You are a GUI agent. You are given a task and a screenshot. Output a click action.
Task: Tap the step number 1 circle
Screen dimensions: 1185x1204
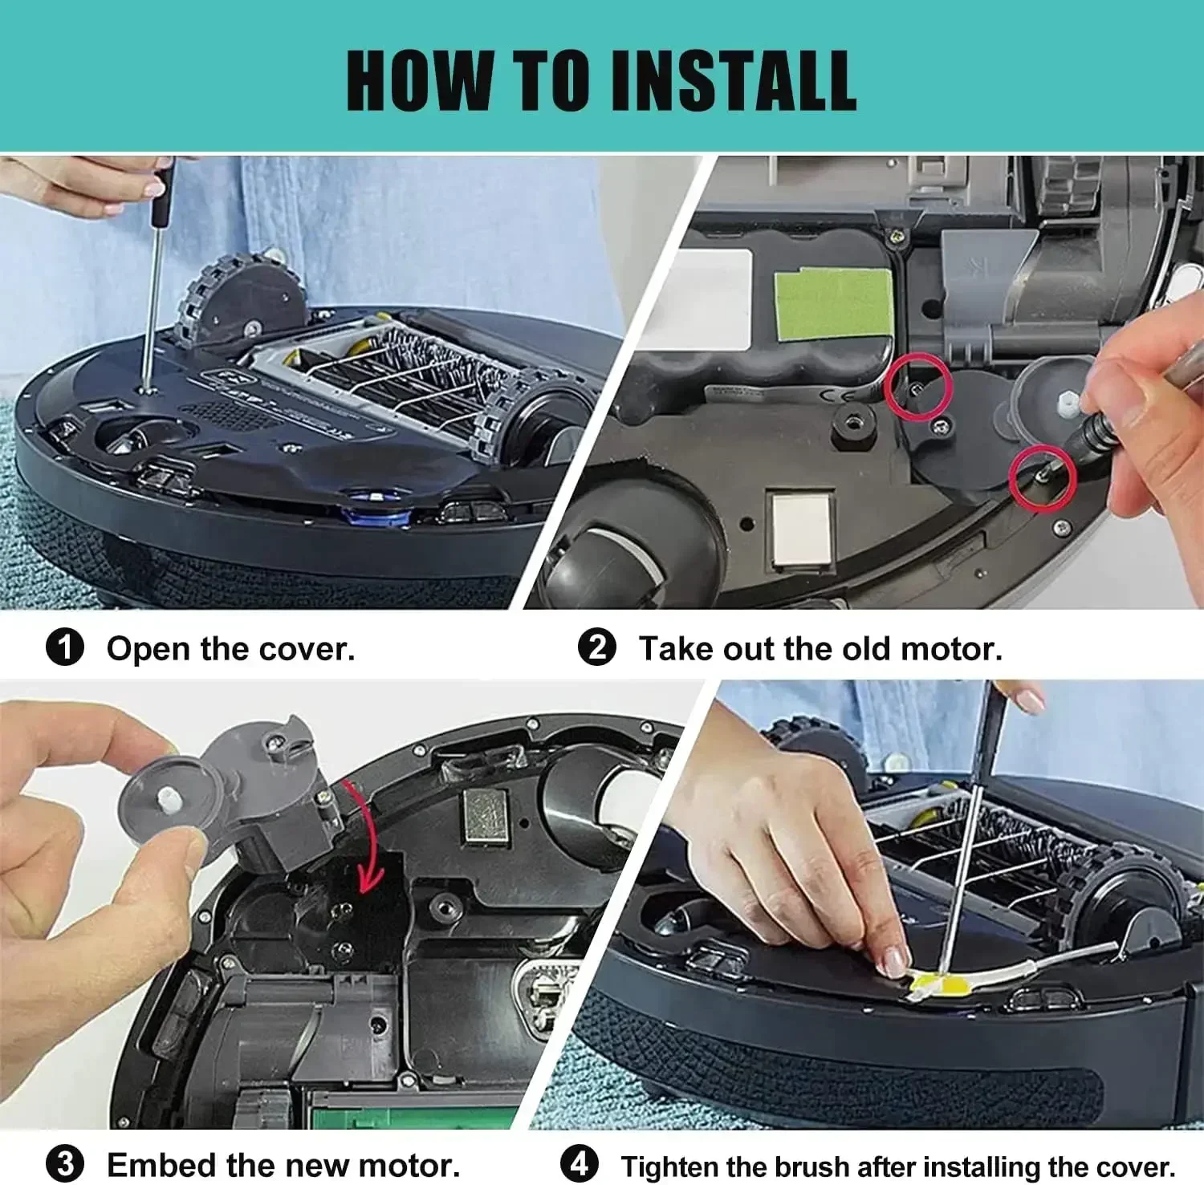65,647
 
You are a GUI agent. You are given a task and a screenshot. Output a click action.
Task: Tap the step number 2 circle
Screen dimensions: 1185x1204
597,647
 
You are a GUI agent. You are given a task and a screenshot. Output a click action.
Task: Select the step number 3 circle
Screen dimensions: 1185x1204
65,1164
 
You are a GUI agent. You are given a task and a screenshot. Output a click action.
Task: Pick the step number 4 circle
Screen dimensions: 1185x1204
579,1164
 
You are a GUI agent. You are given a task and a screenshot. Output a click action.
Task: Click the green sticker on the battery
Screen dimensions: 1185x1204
833,302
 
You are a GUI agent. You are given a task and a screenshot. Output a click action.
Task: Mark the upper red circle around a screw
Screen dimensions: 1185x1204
918,387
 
